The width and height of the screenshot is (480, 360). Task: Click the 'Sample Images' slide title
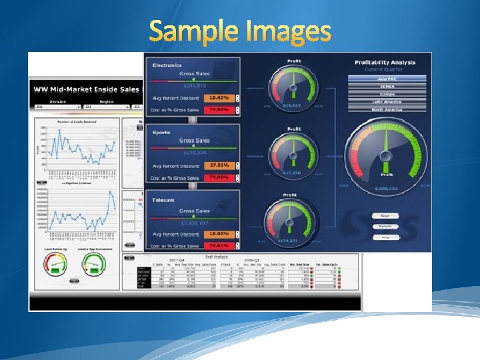[240, 31]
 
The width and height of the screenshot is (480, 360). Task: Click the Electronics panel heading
[167, 65]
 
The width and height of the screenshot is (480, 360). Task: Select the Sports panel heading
[161, 133]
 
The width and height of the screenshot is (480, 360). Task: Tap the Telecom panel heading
[163, 199]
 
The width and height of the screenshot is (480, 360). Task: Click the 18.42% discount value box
[219, 98]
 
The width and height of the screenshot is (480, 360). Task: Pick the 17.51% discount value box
[219, 165]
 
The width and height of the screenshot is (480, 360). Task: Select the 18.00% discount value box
[219, 233]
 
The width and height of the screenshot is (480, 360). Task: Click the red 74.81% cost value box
[219, 245]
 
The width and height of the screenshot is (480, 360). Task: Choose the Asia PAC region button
[386, 78]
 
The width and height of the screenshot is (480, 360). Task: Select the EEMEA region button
[386, 86]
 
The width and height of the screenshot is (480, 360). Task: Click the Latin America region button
[386, 101]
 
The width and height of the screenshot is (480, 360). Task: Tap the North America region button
[386, 109]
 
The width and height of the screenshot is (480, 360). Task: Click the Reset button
[385, 216]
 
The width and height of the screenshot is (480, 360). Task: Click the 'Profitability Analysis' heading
[385, 63]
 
